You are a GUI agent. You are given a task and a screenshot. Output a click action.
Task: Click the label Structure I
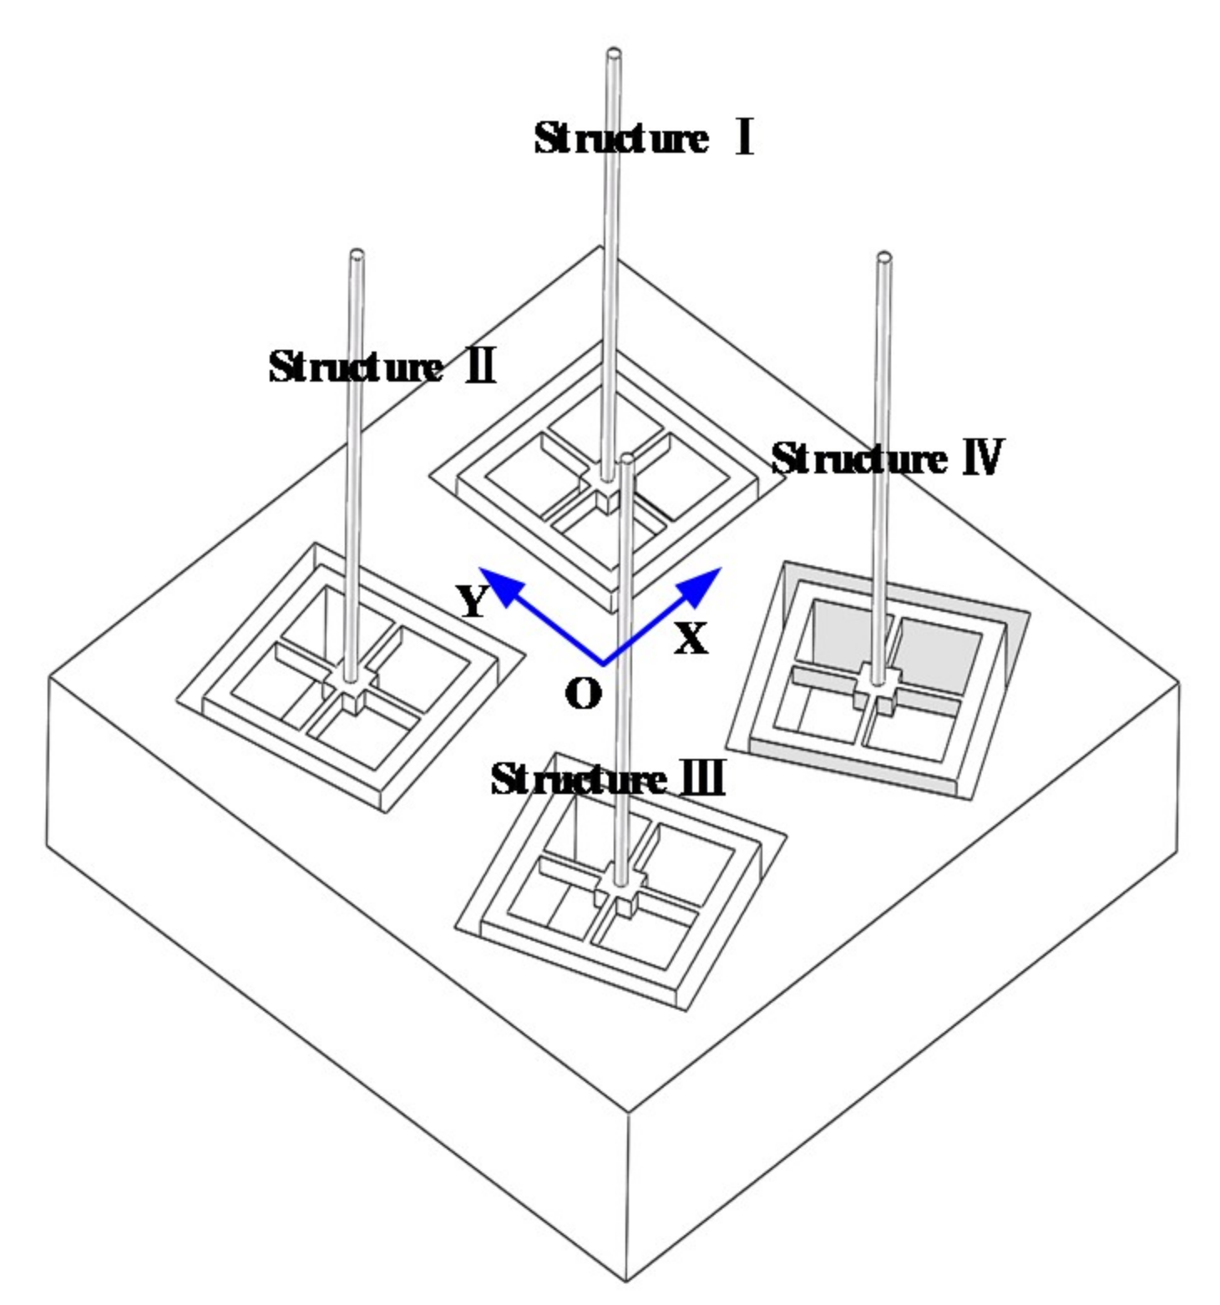643,139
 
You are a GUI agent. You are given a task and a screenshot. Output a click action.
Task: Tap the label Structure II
382,367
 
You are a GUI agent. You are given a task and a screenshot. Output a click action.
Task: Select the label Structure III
607,780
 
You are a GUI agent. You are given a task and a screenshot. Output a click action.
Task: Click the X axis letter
691,639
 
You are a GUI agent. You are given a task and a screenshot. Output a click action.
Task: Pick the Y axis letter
472,600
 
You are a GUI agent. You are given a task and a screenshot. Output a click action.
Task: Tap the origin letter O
583,693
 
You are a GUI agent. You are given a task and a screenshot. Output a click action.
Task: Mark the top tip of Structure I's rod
614,54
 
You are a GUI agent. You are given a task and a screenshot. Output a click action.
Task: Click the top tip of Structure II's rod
357,254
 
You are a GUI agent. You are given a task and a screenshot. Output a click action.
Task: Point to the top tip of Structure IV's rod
883,257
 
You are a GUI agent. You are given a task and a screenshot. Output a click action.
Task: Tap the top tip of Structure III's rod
627,458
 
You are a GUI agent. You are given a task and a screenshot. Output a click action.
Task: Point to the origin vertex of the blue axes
603,665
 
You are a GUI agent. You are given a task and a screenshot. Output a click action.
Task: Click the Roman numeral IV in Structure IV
983,458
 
